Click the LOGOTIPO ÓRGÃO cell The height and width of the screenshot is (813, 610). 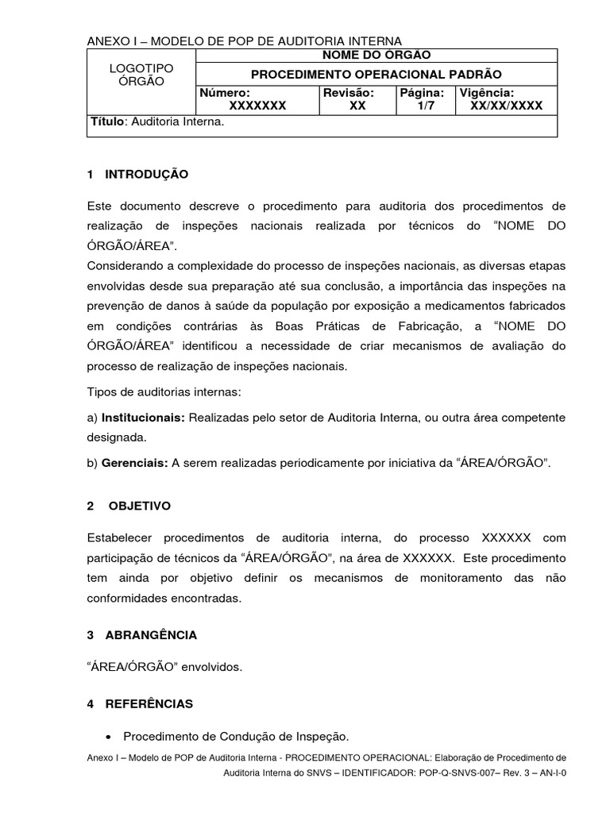pos(141,75)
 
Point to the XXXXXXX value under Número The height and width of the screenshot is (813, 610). pos(257,105)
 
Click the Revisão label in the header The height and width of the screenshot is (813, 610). pos(348,93)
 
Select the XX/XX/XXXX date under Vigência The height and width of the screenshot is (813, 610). pos(506,105)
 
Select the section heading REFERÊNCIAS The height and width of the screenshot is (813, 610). pos(149,703)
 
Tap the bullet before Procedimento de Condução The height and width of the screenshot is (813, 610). pos(107,736)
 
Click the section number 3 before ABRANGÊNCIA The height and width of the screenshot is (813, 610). pos(91,635)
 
